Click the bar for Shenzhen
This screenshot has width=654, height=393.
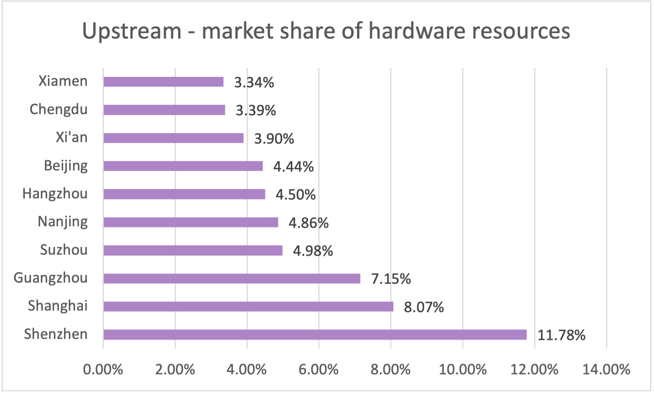click(x=315, y=335)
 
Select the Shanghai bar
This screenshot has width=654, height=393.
click(x=248, y=306)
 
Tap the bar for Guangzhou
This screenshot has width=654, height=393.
click(x=232, y=279)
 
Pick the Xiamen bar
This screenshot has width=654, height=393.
click(x=163, y=82)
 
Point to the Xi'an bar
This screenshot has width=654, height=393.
click(x=173, y=138)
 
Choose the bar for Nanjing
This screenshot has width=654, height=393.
click(x=191, y=222)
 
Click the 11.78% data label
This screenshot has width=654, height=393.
click(x=561, y=335)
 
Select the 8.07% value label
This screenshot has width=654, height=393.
click(x=424, y=307)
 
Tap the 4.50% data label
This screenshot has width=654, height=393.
click(x=295, y=195)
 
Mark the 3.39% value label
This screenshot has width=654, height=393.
click(x=256, y=111)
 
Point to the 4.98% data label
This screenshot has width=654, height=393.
click(x=313, y=251)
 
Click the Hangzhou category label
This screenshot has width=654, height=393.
click(x=55, y=194)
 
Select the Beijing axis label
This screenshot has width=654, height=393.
click(x=66, y=166)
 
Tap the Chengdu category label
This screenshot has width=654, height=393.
click(x=59, y=109)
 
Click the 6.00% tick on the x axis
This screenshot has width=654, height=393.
click(x=319, y=369)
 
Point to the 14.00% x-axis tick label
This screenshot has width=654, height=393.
click(x=606, y=369)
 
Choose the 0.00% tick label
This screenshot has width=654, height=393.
click(x=103, y=369)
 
